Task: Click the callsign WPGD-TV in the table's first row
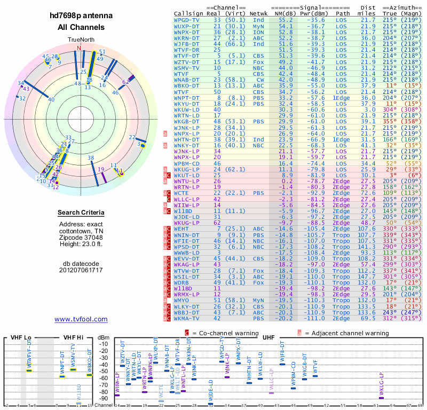coord(187,20)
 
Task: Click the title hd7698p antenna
coord(81,16)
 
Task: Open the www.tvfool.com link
coord(81,319)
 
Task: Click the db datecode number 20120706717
coord(81,270)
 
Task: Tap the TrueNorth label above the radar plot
coord(81,41)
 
